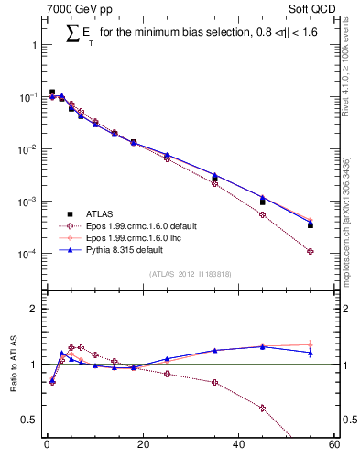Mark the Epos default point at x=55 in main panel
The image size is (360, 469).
311,251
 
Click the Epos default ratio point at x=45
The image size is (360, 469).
262,408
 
